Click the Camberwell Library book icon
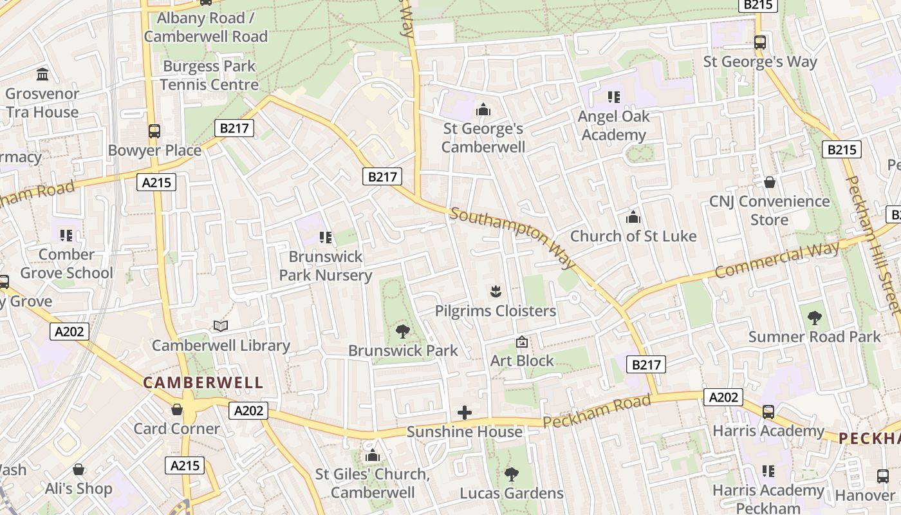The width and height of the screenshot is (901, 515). [x=221, y=326]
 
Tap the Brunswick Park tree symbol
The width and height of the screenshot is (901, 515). [x=403, y=332]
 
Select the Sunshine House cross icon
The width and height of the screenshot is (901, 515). [x=465, y=413]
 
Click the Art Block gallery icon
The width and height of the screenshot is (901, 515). [x=522, y=342]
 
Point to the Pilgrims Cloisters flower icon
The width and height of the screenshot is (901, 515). [x=495, y=292]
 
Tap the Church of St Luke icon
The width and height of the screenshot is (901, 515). [x=633, y=217]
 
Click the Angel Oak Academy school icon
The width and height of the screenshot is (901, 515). [x=613, y=97]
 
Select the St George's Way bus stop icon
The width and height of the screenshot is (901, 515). [x=760, y=42]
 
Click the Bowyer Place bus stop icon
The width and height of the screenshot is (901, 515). [x=154, y=131]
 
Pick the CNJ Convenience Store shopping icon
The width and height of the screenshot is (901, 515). [x=769, y=182]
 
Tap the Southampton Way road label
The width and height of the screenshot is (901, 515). [x=512, y=238]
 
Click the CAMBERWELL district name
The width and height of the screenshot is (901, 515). [x=203, y=382]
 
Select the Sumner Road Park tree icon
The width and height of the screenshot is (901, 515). [x=814, y=317]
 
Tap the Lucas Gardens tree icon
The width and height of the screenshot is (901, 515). [x=512, y=474]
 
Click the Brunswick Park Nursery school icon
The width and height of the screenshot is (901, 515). [x=326, y=238]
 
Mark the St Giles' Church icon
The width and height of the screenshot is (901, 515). [x=372, y=456]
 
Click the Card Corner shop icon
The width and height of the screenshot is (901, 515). [x=177, y=409]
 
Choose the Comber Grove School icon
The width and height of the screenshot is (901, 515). [x=66, y=236]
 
